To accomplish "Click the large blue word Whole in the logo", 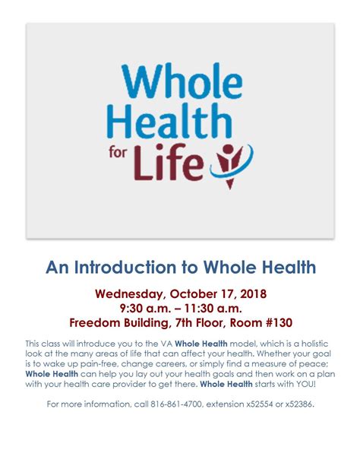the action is pos(182,81).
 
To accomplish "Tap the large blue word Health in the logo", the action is pos(169,121).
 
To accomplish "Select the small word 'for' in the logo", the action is pos(118,152).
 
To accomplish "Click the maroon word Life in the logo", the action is pos(169,163).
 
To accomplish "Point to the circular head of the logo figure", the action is pos(229,150).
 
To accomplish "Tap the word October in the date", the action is pos(194,294).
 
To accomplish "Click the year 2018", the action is pos(253,294).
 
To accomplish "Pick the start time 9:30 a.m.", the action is pos(145,309).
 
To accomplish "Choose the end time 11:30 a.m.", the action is pos(213,309).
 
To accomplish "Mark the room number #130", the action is pos(279,323).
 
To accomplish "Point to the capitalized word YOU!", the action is pos(306,384).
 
